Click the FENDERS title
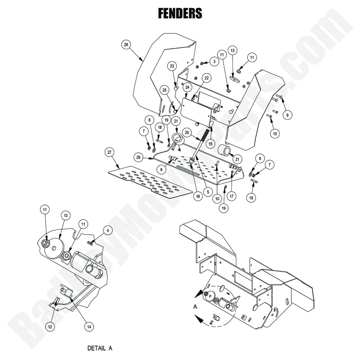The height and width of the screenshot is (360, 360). point(180,14)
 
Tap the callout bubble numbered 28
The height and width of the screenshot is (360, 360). point(126,45)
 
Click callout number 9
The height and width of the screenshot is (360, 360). point(288,115)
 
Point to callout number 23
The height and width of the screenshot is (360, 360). point(172,66)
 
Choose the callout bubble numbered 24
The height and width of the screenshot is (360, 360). point(187,87)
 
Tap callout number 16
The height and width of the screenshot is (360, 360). point(198,197)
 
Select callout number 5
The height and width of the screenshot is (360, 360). point(208,191)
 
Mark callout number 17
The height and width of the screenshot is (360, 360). point(231,196)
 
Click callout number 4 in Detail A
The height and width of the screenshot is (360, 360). point(108,231)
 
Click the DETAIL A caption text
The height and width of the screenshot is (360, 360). point(100,347)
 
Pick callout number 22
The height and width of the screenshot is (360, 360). point(206,78)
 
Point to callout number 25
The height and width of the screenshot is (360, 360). point(164,90)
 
